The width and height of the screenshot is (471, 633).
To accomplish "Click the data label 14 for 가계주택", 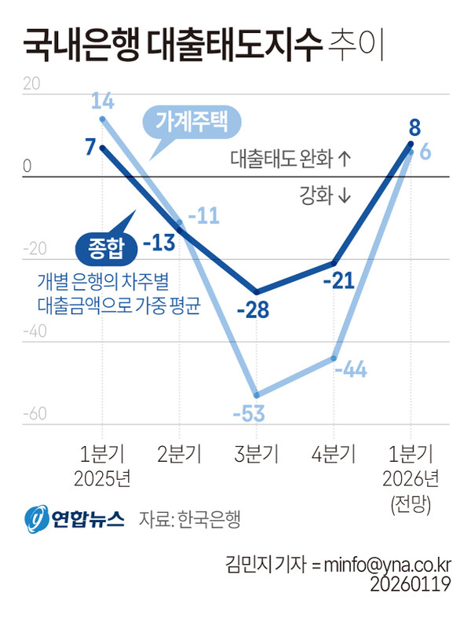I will point(103,101).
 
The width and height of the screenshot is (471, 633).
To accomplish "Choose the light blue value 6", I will point(425,152).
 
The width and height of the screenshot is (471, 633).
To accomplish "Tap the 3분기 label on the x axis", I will point(257,454).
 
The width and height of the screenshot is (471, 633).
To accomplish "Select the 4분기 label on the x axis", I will point(333,454).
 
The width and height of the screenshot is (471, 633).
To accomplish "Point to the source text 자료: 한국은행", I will point(189,518).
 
